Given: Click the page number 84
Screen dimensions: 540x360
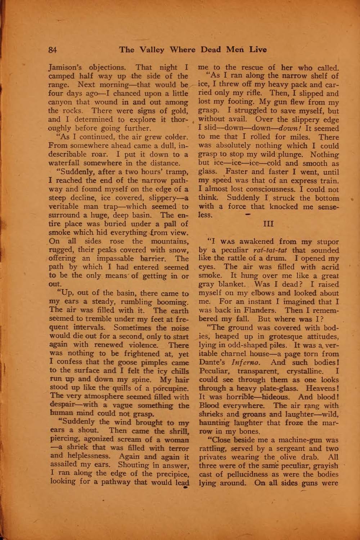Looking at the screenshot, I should click(53, 50).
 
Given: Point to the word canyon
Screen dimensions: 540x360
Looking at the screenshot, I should click(60, 102).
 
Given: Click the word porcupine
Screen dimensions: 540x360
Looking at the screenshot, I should click(170, 388).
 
